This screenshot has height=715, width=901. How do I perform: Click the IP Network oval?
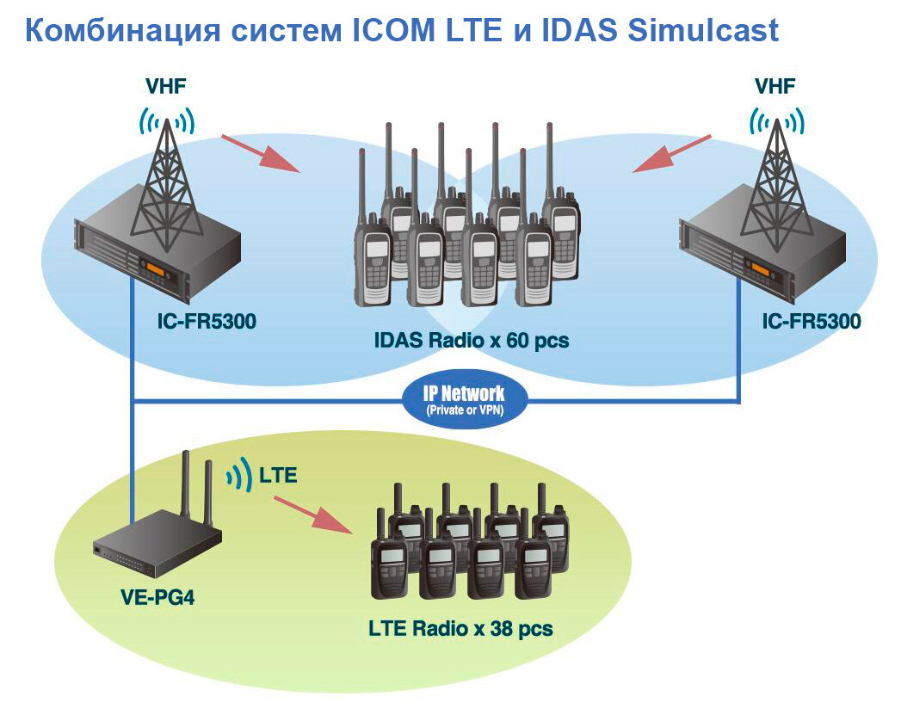pyautogui.click(x=464, y=398)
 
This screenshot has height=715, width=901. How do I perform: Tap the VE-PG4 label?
pyautogui.click(x=157, y=595)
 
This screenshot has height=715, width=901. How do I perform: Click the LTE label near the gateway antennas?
pyautogui.click(x=278, y=474)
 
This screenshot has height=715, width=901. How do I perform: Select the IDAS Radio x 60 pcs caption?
pyautogui.click(x=471, y=340)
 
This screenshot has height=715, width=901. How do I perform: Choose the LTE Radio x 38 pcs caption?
pyautogui.click(x=460, y=628)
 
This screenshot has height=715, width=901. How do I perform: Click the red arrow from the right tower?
pyautogui.click(x=673, y=152)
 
